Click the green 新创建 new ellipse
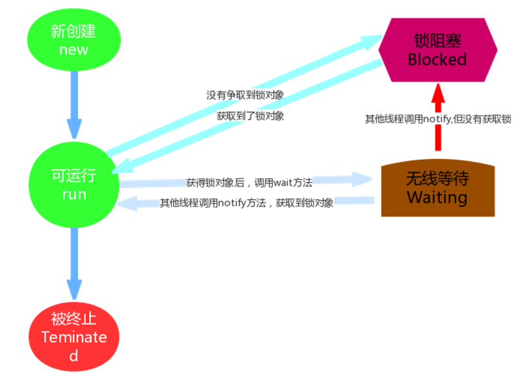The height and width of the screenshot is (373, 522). (74, 40)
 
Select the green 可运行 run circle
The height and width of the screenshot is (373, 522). (74, 185)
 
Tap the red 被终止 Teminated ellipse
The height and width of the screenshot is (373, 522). (74, 337)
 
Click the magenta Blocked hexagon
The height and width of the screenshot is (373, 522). (438, 50)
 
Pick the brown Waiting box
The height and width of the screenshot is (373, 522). (438, 188)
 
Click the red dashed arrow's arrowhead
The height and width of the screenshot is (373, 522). (438, 93)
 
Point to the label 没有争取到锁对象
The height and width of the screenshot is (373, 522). (245, 95)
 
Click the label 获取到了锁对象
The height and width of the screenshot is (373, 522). (251, 116)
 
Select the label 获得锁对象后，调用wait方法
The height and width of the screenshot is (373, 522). (249, 182)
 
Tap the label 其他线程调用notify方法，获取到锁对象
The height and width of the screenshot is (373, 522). (246, 202)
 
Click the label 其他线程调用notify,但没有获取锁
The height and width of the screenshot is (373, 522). (438, 119)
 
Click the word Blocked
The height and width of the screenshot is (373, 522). (437, 60)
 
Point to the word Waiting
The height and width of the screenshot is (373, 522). (437, 197)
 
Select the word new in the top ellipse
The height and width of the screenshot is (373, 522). (74, 50)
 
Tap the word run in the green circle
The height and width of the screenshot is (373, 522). (74, 195)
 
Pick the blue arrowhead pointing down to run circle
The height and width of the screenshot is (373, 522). (74, 128)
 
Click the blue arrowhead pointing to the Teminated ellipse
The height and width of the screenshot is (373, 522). (74, 290)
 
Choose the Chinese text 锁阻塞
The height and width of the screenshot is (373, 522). (437, 40)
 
